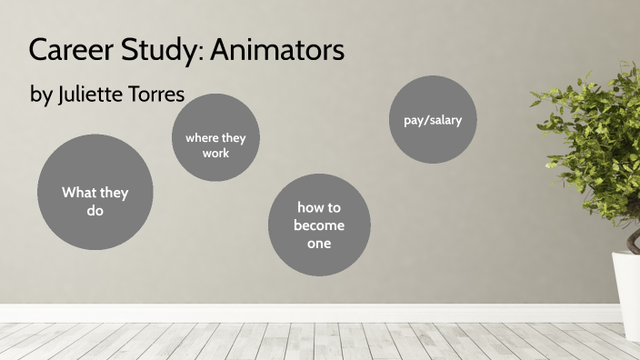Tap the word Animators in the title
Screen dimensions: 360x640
(x=277, y=50)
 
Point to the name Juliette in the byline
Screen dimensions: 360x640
(x=95, y=95)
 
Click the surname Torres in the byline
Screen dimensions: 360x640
(x=162, y=95)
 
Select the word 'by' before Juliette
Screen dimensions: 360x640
(x=41, y=95)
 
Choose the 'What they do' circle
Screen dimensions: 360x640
(x=95, y=192)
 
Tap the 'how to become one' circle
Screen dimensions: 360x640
(x=320, y=225)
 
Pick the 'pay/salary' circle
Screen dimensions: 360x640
(x=433, y=119)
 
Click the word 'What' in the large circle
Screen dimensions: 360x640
(x=77, y=193)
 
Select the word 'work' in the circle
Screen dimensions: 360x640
(x=216, y=153)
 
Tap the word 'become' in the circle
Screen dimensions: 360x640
(x=319, y=225)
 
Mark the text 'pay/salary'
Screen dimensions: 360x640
(x=433, y=119)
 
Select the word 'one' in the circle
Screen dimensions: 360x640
(x=319, y=243)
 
